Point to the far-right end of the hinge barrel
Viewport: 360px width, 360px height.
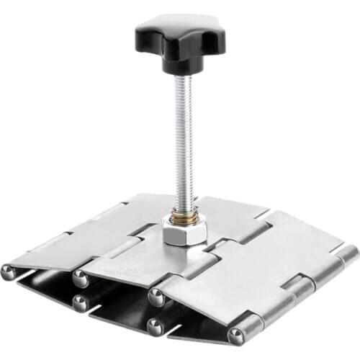348,253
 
